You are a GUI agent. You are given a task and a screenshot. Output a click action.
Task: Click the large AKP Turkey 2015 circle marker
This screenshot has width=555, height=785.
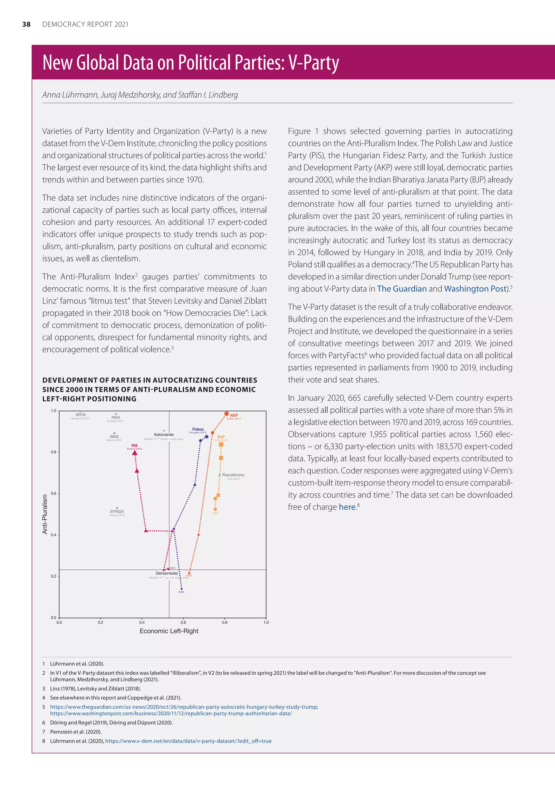coord(226,414)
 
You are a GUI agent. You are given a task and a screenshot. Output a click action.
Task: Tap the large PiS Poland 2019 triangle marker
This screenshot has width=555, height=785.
coord(135,453)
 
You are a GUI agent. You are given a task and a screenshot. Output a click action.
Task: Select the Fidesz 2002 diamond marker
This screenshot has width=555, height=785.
coord(182,589)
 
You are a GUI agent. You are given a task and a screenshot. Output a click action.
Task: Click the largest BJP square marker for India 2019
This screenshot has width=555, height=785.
coord(221,445)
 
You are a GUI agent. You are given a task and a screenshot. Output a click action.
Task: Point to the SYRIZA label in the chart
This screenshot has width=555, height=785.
coord(117,511)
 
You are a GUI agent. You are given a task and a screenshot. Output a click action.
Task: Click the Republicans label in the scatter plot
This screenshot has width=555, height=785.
coord(233,475)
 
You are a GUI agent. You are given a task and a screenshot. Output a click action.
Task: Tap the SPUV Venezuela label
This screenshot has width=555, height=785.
coord(81,415)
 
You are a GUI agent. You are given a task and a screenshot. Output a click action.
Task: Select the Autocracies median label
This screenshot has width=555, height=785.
coord(164,435)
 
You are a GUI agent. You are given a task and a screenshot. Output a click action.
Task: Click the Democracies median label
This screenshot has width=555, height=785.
coord(166,573)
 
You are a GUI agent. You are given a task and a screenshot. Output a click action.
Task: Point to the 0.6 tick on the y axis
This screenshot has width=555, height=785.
coord(54,493)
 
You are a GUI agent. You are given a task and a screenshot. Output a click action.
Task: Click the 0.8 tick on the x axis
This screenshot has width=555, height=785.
coord(225,622)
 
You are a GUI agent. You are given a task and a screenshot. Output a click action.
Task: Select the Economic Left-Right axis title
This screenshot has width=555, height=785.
coord(169,631)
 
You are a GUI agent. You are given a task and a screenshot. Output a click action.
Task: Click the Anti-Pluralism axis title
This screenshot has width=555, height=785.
coord(45,514)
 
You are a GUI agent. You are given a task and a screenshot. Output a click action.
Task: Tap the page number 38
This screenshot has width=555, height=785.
coord(26,24)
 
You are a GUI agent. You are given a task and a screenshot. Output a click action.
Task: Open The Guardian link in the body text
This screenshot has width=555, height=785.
coord(402,289)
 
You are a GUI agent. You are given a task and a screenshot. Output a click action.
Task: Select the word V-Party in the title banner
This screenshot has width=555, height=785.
coord(313,63)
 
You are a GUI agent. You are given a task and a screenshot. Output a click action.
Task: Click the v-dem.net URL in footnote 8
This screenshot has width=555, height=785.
coord(188,741)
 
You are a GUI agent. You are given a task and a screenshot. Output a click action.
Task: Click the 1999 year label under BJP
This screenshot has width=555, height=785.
coord(215,513)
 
